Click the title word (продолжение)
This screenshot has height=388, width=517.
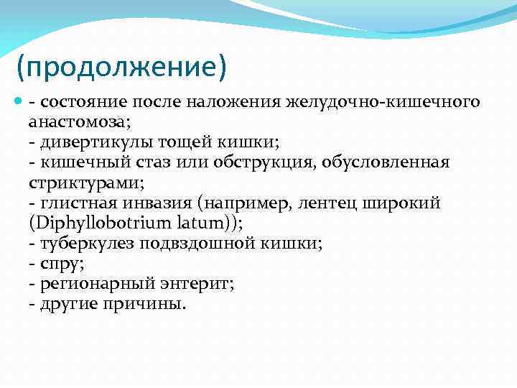121,69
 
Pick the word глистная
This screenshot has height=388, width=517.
75,203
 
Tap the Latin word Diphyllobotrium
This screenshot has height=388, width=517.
91,223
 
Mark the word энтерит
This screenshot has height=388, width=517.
197,284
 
